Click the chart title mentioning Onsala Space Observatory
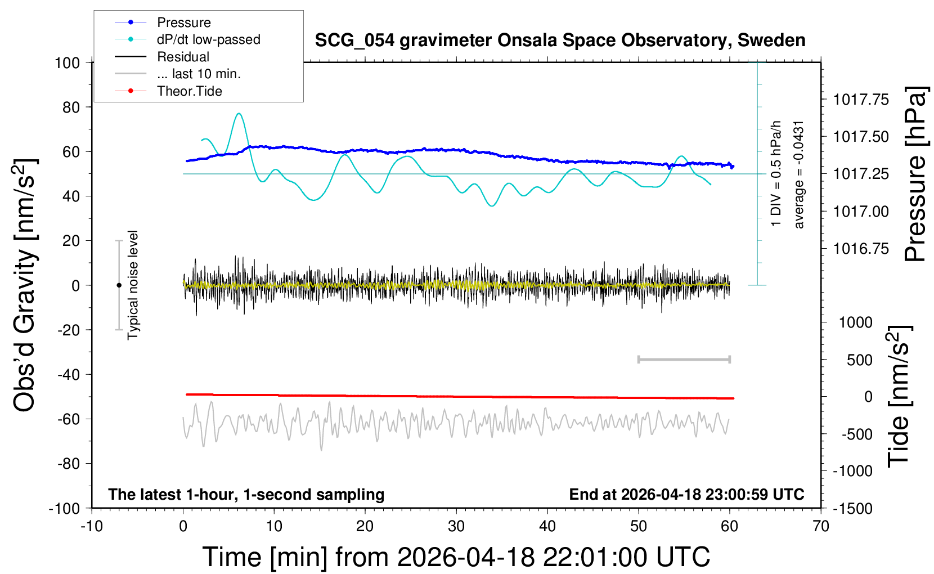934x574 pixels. [x=560, y=41]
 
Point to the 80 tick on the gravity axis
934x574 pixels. [x=67, y=107]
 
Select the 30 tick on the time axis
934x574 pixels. [x=456, y=527]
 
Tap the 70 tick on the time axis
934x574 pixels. [x=821, y=527]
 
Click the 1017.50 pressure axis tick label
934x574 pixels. [x=861, y=137]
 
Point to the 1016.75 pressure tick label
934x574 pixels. [x=861, y=249]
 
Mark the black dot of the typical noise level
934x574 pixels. [x=119, y=285]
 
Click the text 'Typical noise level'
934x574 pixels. [x=133, y=285]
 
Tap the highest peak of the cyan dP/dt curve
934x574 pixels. [x=239, y=114]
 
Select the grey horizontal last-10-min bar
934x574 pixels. [x=684, y=359]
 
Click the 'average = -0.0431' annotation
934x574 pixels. [x=799, y=174]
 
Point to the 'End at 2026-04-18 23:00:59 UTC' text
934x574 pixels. [x=686, y=494]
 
